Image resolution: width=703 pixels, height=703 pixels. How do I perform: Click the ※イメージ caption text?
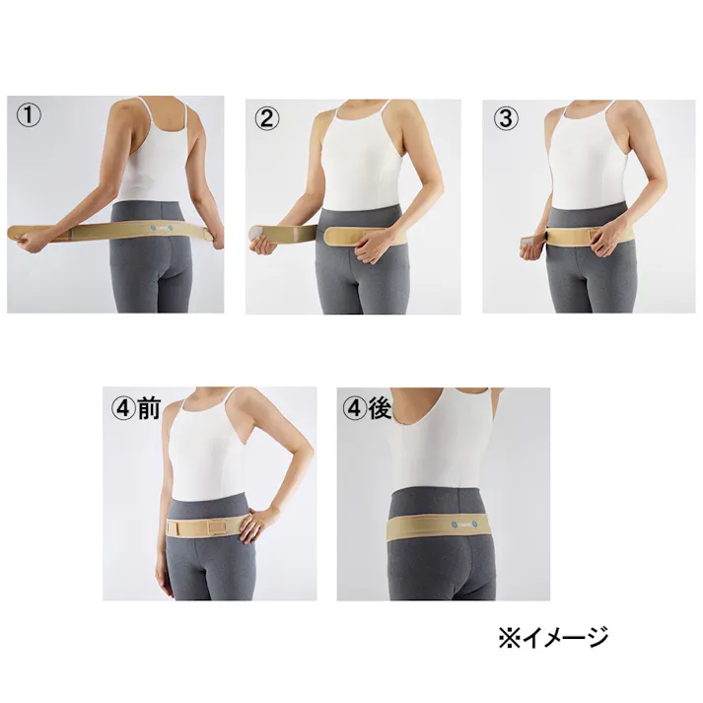[552, 637]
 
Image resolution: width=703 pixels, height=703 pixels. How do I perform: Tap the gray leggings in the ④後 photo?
[444, 572]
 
